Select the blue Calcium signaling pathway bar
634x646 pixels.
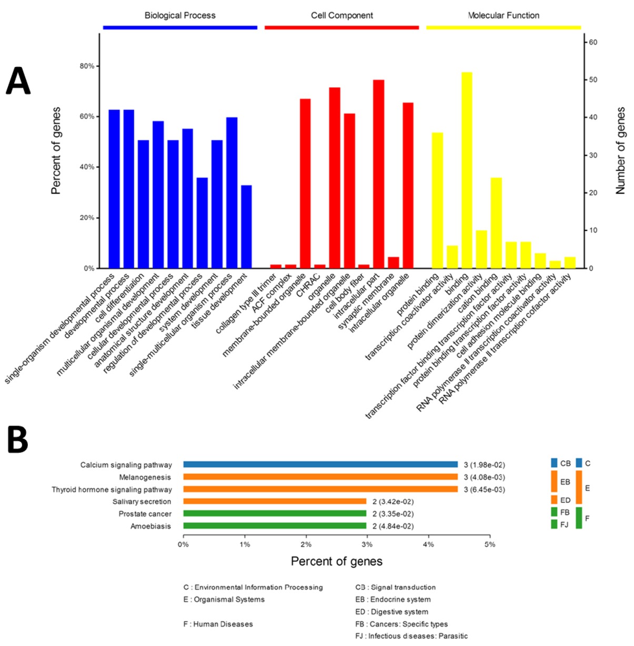320,465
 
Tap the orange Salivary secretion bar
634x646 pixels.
275,501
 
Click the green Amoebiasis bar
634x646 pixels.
275,526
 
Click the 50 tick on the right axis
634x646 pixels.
593,80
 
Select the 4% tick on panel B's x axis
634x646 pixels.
428,544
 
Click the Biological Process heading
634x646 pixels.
180,15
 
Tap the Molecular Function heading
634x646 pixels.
504,15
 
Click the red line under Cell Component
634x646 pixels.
341,27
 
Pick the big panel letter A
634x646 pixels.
18,82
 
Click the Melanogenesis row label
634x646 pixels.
145,477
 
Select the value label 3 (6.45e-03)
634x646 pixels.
484,489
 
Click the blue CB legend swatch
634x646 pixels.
554,463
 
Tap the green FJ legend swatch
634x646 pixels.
554,524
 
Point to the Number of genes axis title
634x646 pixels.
621,151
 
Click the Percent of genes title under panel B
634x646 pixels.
337,561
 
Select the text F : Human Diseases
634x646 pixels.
218,624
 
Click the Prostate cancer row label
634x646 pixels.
145,513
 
